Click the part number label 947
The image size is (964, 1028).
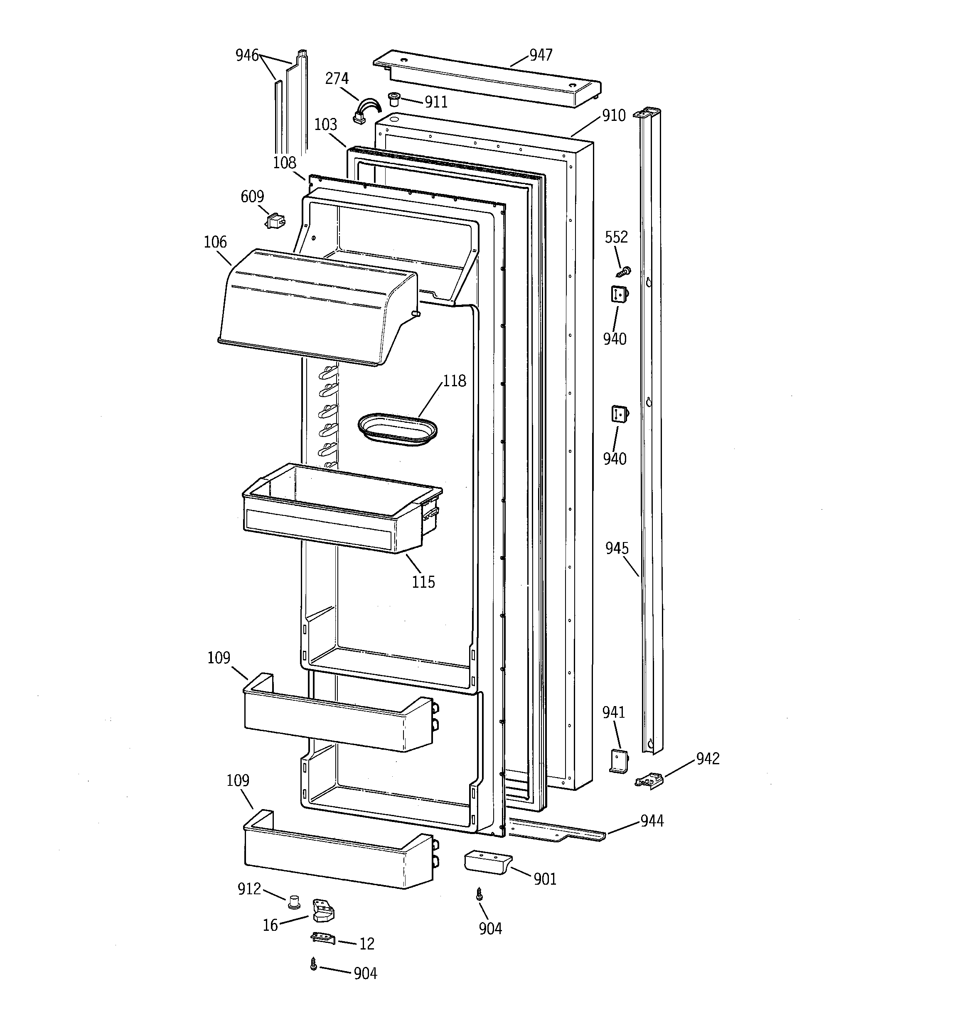point(540,55)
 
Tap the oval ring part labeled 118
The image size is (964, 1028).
point(397,429)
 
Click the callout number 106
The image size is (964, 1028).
point(215,242)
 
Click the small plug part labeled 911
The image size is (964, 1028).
point(395,99)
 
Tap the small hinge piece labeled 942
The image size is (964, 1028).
point(649,779)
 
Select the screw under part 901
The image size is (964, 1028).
point(479,894)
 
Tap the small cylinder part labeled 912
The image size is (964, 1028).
point(295,902)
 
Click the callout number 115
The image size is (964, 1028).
point(423,582)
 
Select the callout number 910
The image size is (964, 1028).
point(614,115)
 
